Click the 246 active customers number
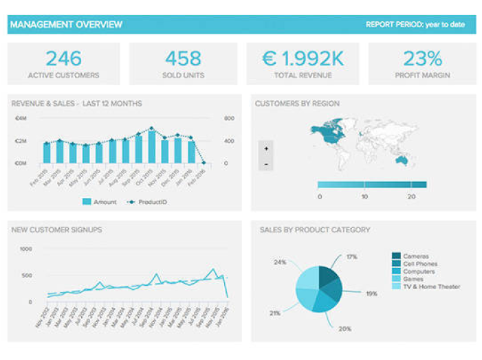(63, 58)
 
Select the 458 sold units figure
(183, 58)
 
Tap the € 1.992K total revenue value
(302, 58)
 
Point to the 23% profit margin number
(421, 58)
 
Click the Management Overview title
(66, 25)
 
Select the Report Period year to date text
(415, 25)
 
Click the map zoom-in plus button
(266, 148)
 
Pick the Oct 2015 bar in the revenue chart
(151, 146)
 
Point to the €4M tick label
(21, 118)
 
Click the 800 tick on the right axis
(229, 118)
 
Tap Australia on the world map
(401, 160)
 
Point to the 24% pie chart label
(280, 262)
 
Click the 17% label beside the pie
(351, 257)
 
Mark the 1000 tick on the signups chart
(25, 249)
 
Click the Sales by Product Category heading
(315, 230)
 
